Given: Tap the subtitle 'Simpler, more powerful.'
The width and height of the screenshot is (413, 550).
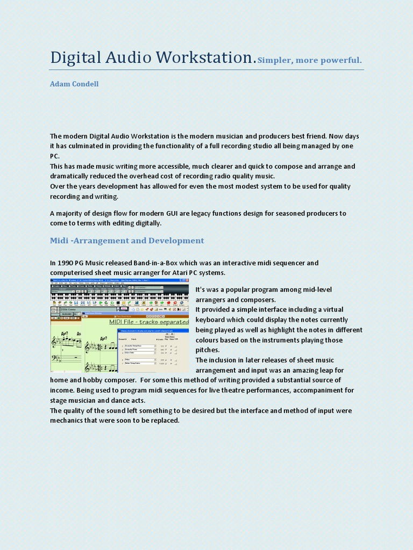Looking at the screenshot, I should [310, 60].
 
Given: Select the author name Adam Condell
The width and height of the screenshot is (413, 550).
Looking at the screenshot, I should [74, 84].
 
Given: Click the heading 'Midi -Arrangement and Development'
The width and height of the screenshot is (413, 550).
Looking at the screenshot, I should [127, 241].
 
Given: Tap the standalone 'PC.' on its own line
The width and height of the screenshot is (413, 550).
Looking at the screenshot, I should [55, 156].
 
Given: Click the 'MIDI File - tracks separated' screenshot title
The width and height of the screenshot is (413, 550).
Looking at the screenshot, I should [148, 322].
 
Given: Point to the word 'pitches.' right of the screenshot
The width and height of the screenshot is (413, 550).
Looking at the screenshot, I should [208, 350].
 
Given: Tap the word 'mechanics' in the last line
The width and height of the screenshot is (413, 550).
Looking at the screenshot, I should [68, 421].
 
